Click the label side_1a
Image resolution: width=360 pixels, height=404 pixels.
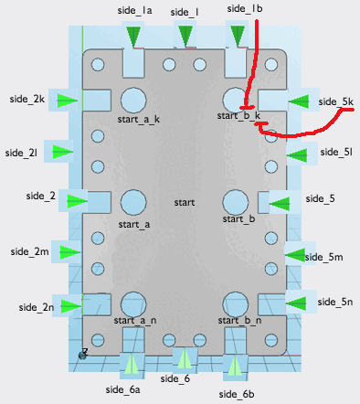[134, 11]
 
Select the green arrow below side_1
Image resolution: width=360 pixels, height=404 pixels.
[185, 36]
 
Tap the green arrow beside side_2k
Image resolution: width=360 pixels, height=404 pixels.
[68, 100]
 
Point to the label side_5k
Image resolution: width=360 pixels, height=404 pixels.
[336, 101]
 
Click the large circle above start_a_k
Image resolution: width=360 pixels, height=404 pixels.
[133, 100]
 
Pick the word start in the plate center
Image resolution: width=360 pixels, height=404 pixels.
[185, 202]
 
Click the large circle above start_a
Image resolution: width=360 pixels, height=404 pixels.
[133, 202]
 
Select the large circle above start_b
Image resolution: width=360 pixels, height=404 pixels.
[236, 202]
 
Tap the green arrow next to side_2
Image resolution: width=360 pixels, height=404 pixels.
[78, 201]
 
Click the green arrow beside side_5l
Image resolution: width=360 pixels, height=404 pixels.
[297, 154]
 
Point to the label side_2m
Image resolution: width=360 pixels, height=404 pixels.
[29, 252]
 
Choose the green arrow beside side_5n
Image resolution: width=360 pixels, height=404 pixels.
[296, 303]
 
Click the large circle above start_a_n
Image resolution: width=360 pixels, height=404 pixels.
[133, 304]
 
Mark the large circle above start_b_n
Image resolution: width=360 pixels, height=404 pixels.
[236, 304]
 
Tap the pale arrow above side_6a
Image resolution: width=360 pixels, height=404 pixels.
[132, 364]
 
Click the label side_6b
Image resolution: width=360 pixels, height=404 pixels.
[237, 394]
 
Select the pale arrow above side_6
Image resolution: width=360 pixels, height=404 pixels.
[185, 358]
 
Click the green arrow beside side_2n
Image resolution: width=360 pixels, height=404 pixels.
[71, 306]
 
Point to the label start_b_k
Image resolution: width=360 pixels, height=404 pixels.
[238, 116]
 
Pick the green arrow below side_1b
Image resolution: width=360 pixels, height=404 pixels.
[238, 37]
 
